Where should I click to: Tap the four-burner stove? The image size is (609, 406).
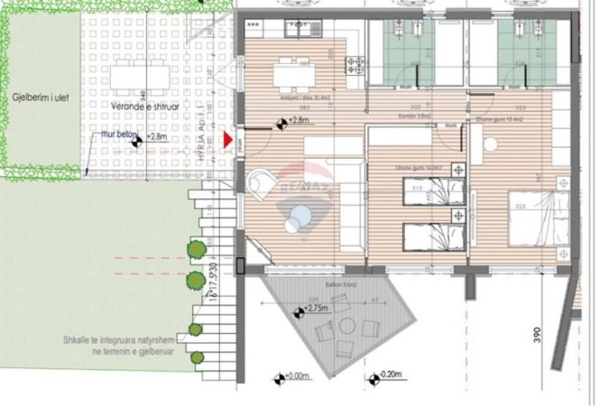[355, 66]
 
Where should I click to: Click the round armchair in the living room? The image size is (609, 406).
[260, 183]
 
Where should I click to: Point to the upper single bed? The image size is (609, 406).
[435, 191]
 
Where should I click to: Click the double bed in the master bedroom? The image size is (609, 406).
[540, 217]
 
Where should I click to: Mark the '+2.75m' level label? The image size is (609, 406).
[314, 309]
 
